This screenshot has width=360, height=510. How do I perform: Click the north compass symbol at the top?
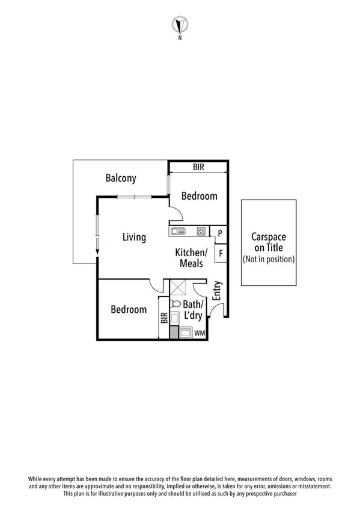pos(180,25)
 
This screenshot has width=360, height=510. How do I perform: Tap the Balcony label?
pos(121,178)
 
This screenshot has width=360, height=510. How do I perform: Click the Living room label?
pos(134,237)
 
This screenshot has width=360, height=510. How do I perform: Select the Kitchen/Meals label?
pos(191,258)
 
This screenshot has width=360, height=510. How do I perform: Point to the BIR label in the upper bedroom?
pos(198,168)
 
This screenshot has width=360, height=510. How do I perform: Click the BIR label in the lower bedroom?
pos(163,318)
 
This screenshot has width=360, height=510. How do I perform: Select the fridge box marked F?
pos(220,253)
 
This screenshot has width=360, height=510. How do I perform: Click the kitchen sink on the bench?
pos(178,231)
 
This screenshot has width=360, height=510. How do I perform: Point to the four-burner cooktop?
pos(201,231)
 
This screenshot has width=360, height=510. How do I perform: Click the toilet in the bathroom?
pos(176,305)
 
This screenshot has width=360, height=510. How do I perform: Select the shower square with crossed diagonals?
pos(178,288)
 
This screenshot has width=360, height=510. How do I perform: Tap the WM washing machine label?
pos(199,333)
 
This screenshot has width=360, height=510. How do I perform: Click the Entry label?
pos(218,290)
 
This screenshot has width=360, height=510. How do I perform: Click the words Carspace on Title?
pos(268,242)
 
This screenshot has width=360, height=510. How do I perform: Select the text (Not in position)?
pos(268,259)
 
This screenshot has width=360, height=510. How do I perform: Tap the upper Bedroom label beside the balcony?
pos(199,196)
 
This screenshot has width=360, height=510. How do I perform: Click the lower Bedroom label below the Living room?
pos(129,310)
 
